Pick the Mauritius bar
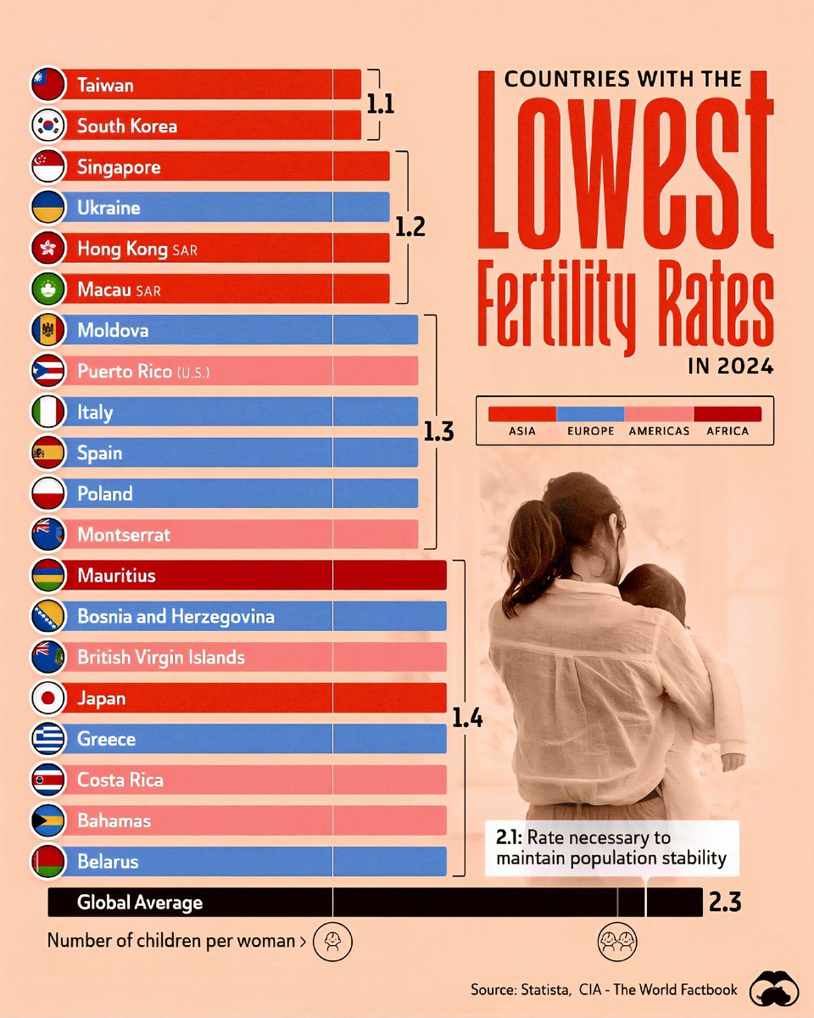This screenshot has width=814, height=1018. [x=254, y=575]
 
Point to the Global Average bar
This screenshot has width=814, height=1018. [x=373, y=902]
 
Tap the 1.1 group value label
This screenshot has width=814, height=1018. [x=380, y=104]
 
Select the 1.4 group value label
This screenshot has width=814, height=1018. [x=467, y=719]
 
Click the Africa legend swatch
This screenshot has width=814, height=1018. [x=727, y=414]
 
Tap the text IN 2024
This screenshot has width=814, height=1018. [x=730, y=366]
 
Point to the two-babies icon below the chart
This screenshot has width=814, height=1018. [x=617, y=941]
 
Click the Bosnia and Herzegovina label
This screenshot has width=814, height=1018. [x=176, y=617]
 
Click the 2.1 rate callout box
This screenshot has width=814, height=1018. [x=610, y=847]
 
